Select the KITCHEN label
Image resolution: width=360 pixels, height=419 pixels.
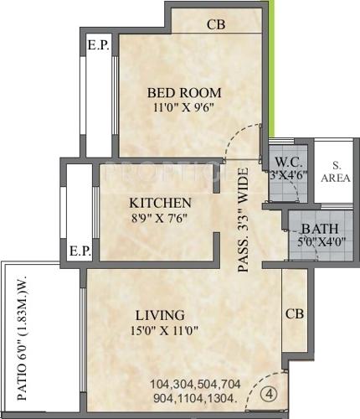[160, 203]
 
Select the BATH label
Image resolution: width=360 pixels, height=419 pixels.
[319, 229]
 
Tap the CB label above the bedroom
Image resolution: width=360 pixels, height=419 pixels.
[217, 25]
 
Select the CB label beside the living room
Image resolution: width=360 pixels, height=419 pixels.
[294, 314]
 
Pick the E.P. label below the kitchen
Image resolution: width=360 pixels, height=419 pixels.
[80, 250]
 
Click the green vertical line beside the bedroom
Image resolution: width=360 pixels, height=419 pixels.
[273, 67]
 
